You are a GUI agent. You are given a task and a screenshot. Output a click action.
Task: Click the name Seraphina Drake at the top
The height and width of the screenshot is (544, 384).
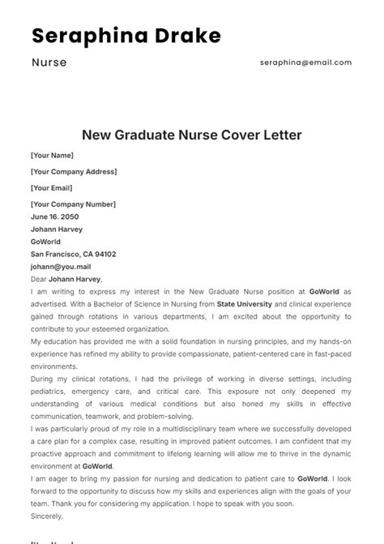click(x=126, y=36)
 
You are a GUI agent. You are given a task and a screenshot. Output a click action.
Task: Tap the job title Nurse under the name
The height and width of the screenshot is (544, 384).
click(x=49, y=62)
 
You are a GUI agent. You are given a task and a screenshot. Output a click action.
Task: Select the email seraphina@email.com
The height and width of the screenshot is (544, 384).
click(x=305, y=62)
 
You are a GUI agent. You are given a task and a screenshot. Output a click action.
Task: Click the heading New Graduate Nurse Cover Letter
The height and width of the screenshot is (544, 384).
click(x=191, y=135)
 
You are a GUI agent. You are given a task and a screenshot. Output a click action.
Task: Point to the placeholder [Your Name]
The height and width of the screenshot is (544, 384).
click(x=52, y=155)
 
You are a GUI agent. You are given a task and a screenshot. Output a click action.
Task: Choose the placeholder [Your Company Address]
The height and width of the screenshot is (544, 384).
click(x=74, y=172)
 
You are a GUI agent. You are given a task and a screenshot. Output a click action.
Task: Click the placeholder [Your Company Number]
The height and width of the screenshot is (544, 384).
click(x=73, y=204)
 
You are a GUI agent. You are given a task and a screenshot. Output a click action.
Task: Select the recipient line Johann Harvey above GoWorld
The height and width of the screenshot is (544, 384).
click(x=57, y=229)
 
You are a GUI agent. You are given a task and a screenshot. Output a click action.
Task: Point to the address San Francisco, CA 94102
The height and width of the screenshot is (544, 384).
click(x=73, y=254)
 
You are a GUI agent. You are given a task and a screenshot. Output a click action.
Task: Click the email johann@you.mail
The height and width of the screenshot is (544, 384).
click(x=61, y=266)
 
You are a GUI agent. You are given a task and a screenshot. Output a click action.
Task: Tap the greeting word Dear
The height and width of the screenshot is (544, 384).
click(x=38, y=278)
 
